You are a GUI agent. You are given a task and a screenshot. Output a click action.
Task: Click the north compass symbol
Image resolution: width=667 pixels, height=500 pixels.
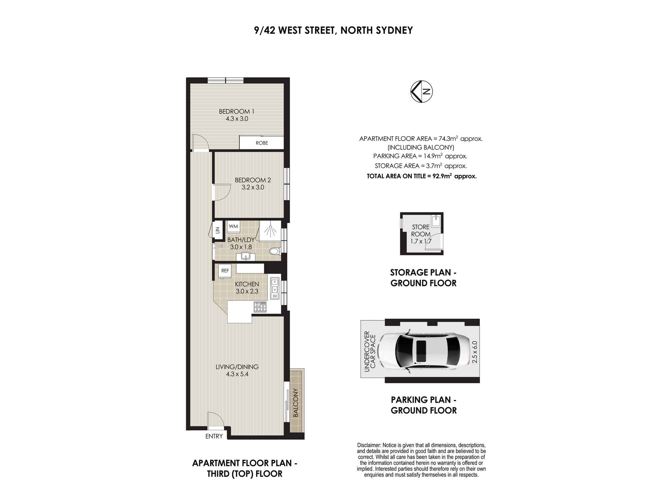(422, 91)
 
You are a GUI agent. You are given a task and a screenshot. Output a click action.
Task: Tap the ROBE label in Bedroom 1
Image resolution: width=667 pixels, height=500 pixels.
(262, 143)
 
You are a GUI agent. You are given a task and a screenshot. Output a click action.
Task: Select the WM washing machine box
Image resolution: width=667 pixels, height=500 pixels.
(233, 226)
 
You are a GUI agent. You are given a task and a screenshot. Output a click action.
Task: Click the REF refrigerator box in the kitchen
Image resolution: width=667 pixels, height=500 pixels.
(225, 271)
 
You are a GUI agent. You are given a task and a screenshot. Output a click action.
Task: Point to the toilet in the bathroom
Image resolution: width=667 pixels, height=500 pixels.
(274, 251)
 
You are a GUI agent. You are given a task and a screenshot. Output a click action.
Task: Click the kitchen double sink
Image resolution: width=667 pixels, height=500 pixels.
(275, 286)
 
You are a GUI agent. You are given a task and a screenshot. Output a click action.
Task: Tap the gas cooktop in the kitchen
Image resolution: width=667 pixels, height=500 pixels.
(260, 307)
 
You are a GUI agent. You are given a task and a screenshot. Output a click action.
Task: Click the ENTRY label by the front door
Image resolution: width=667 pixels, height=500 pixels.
(214, 436)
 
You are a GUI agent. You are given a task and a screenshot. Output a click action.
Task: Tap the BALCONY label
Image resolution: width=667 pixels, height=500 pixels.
(296, 403)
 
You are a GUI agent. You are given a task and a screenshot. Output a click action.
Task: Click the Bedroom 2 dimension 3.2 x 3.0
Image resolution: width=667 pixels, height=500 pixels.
(253, 187)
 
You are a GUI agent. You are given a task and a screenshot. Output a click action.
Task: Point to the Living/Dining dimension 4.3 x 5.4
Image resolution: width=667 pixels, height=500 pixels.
(237, 374)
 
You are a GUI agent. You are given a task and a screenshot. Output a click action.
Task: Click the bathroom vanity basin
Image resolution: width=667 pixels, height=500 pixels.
(246, 256)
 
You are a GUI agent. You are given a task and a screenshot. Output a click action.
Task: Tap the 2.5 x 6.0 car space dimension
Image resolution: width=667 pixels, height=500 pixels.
(475, 352)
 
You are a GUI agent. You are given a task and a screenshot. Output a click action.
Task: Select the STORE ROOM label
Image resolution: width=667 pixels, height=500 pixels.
(421, 230)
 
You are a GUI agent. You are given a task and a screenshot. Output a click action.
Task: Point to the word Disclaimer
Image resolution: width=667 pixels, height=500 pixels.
(369, 445)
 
